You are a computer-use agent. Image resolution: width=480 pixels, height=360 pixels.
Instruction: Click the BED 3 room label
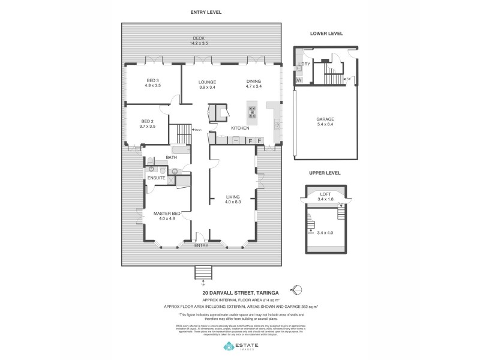click(x=153, y=83)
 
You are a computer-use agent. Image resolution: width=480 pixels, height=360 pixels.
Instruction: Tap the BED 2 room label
click(x=148, y=124)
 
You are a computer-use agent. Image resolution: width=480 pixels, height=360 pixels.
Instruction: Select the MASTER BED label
click(x=167, y=215)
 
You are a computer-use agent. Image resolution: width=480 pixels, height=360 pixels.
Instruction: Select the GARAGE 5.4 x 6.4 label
click(x=325, y=122)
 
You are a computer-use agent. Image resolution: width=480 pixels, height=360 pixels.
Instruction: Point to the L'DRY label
click(x=304, y=64)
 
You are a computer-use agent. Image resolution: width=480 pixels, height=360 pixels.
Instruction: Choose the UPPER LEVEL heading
click(x=325, y=173)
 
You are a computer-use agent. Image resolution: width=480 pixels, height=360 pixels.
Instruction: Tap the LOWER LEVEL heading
click(x=326, y=34)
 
